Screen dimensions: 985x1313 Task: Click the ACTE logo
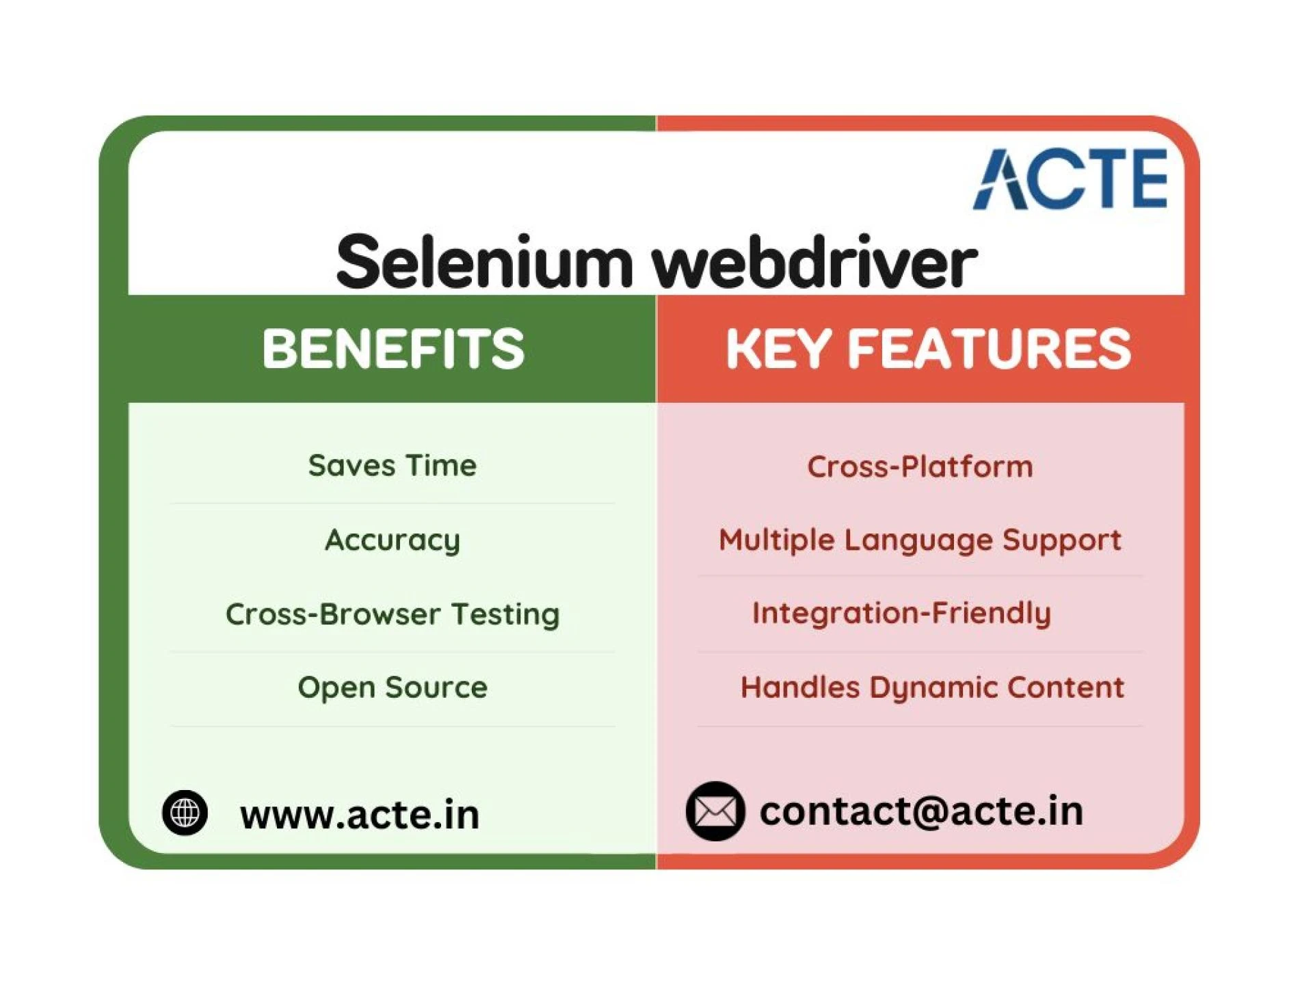pos(1070,179)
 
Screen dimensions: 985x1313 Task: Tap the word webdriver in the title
pos(814,263)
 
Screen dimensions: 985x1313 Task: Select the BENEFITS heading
pos(393,349)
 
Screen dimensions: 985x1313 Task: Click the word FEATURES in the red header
pos(989,349)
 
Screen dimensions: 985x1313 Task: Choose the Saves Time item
pos(393,466)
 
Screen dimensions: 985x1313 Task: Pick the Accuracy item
pos(393,540)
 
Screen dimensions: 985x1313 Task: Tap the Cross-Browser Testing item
pos(393,614)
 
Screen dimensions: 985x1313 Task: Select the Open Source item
pos(393,687)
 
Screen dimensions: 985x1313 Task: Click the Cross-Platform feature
pos(920,467)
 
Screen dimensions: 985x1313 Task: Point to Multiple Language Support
pos(920,540)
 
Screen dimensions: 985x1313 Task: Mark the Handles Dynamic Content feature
pos(932,687)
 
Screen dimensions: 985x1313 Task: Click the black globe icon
pos(185,813)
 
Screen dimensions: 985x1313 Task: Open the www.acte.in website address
pos(360,815)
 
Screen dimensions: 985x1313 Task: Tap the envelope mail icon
pos(715,811)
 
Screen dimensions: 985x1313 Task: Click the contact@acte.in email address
pos(921,811)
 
